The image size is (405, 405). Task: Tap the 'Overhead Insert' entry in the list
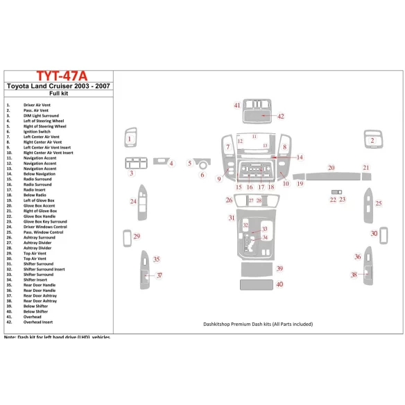(x=37, y=322)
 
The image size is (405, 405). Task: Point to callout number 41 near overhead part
(x=236, y=105)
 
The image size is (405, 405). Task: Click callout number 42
(x=281, y=117)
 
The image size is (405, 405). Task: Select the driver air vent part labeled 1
(x=130, y=139)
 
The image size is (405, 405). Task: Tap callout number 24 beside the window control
(x=132, y=201)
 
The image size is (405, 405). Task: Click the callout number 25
(x=379, y=203)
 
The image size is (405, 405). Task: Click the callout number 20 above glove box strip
(x=331, y=168)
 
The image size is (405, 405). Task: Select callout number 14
(x=300, y=157)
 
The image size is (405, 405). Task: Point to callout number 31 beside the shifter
(x=231, y=218)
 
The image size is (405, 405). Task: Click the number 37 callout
(x=160, y=276)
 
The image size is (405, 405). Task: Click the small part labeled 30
(x=374, y=234)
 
